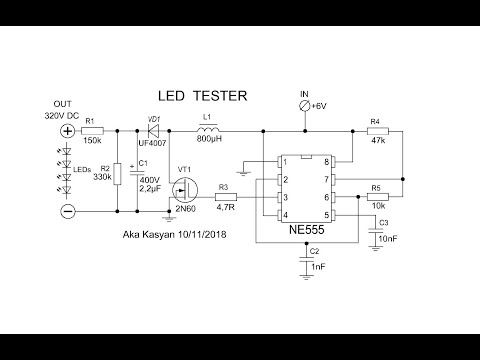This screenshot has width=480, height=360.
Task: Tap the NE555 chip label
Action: click(x=305, y=229)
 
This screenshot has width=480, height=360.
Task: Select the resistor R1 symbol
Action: click(x=92, y=131)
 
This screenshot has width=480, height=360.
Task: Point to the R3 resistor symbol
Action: click(x=225, y=197)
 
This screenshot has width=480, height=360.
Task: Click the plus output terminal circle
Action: click(x=68, y=131)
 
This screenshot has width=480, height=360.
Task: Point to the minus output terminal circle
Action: click(x=68, y=212)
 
